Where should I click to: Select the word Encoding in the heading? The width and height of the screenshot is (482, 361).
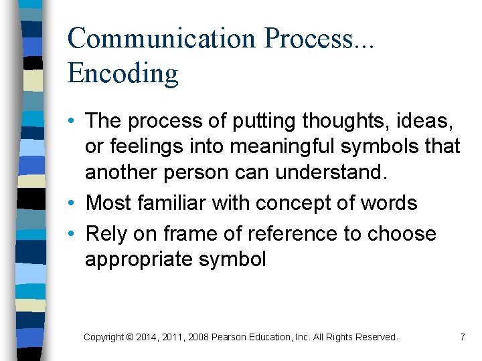point(123,74)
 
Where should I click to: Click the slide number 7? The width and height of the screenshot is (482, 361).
point(462,338)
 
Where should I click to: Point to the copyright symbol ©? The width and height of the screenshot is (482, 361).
point(130,338)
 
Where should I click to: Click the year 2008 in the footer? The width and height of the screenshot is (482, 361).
point(198,338)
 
